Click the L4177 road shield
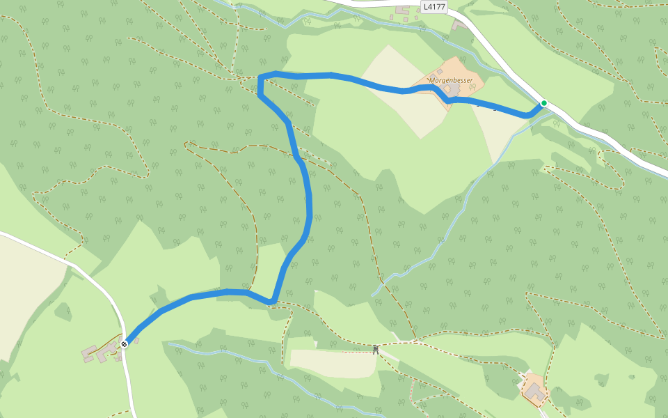[434, 7]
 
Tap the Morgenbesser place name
[450, 80]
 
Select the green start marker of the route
[544, 103]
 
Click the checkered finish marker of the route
[124, 343]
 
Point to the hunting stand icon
[376, 349]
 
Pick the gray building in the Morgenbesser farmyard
[453, 90]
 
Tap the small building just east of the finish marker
[136, 341]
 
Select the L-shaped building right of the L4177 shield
[459, 24]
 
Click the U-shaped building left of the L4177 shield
[403, 10]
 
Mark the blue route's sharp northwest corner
[260, 76]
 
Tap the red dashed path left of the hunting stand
[351, 353]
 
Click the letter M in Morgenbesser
[432, 80]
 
